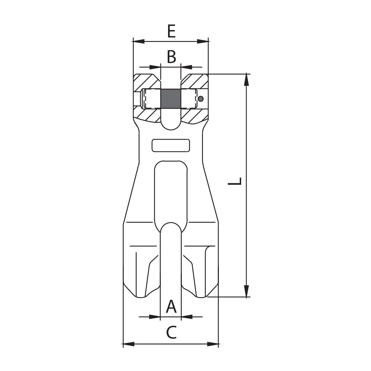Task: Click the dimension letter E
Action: [171, 31]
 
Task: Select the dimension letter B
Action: [171, 57]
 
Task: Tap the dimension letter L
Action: [234, 181]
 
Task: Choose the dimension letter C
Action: [171, 332]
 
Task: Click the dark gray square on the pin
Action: [171, 99]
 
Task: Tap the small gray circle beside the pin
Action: [201, 99]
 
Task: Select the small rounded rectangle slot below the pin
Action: [171, 145]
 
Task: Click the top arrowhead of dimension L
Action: [247, 79]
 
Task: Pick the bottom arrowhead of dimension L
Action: [247, 291]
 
